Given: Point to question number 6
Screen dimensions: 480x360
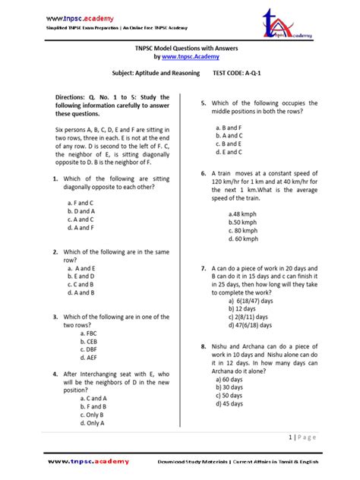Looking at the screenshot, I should click(x=204, y=174).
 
